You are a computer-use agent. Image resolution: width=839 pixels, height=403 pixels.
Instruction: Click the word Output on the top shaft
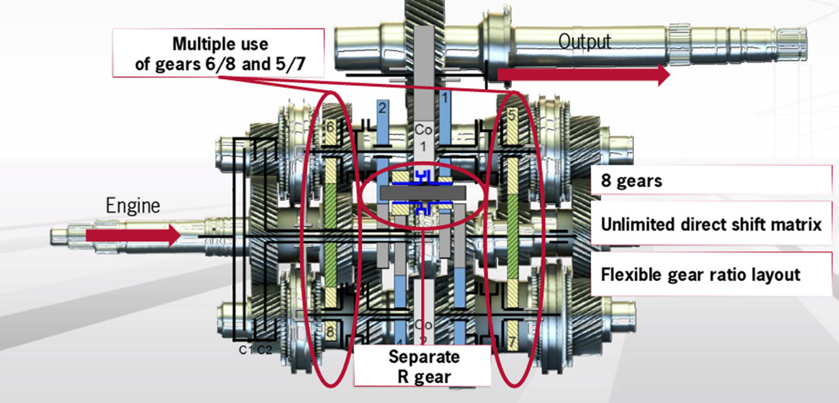(584, 41)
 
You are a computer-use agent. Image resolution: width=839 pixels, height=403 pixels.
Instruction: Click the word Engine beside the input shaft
(133, 206)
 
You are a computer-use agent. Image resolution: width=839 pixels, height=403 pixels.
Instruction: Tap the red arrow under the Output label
(583, 75)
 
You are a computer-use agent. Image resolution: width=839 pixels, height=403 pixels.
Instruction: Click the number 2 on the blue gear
(382, 109)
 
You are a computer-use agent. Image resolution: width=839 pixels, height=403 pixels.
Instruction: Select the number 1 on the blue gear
(445, 98)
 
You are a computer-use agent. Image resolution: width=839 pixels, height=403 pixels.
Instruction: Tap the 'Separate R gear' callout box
(424, 367)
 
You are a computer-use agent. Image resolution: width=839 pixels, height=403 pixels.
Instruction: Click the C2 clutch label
(265, 350)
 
